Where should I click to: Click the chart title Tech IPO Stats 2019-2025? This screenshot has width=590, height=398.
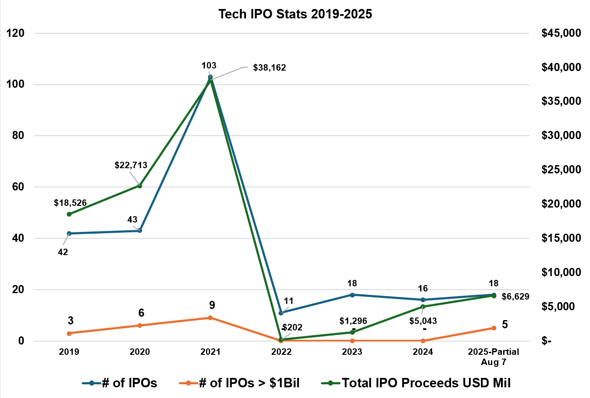click(295, 14)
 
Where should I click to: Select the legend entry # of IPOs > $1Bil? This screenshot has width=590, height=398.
click(249, 383)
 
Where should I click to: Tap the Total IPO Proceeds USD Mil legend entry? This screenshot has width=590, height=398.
click(426, 383)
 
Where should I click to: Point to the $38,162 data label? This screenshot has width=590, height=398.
click(270, 68)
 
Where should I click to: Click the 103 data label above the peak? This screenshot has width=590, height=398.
click(209, 65)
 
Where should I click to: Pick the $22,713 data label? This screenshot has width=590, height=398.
click(131, 165)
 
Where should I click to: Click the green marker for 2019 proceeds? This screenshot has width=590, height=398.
click(69, 214)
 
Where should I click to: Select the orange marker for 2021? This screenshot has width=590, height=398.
click(210, 318)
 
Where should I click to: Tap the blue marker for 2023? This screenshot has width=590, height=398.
click(352, 295)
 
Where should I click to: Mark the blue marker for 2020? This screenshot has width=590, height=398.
click(140, 231)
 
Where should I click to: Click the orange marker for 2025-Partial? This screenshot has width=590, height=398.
click(494, 328)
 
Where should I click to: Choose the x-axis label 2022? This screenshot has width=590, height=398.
click(281, 352)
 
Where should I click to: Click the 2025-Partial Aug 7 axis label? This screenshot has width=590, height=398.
click(493, 356)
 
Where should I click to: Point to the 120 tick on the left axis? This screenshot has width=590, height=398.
click(15, 33)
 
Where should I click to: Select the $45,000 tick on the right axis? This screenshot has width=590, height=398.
click(561, 33)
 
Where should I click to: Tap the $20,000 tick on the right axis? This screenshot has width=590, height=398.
click(561, 204)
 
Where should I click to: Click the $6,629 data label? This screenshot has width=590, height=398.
click(516, 297)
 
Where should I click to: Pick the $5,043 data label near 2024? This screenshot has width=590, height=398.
click(423, 321)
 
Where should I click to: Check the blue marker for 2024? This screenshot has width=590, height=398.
click(423, 300)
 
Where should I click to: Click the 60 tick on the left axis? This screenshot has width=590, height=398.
click(18, 187)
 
